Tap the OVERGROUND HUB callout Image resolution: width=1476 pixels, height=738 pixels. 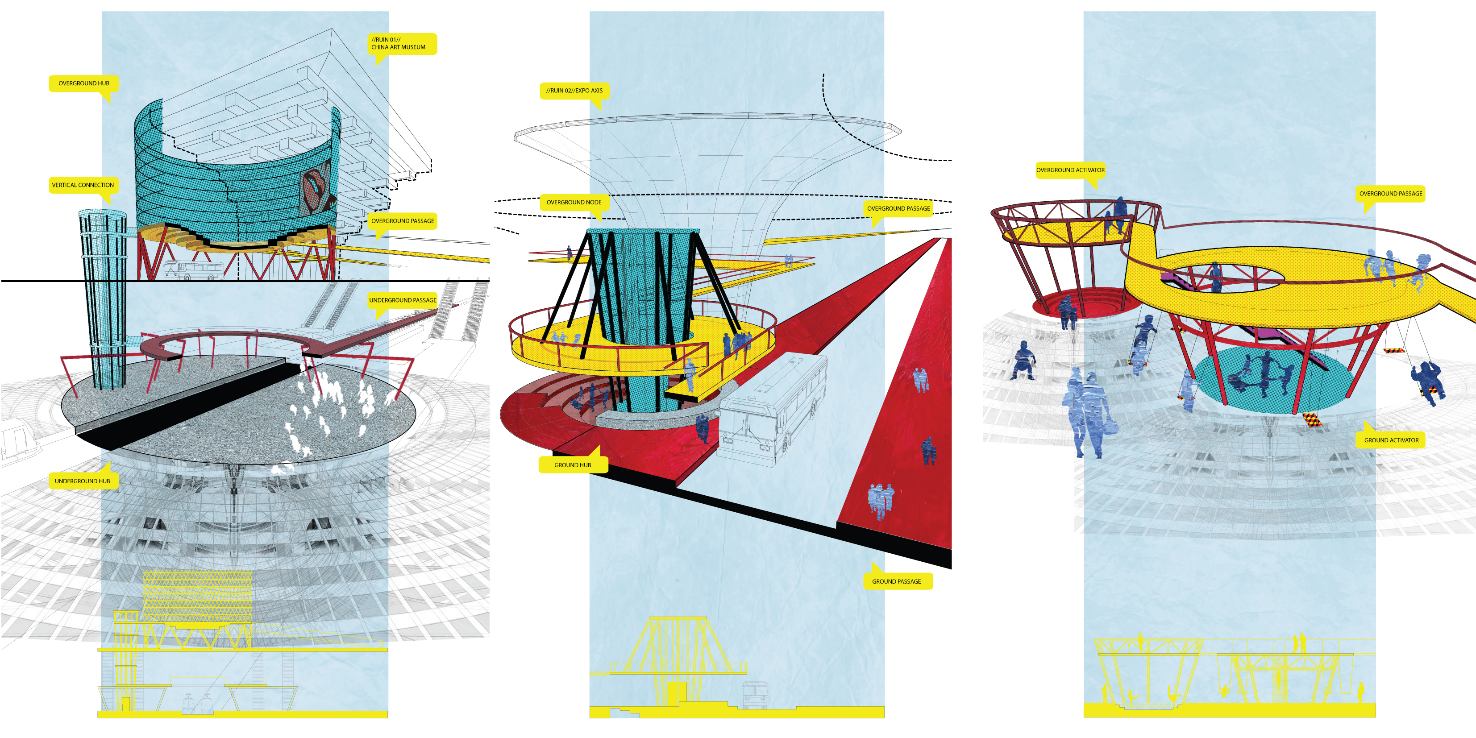click(x=83, y=83)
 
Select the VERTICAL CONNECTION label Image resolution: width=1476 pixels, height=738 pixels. click(x=83, y=185)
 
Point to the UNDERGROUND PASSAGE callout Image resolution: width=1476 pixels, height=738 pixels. click(x=402, y=300)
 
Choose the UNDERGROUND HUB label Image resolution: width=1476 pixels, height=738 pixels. click(x=83, y=481)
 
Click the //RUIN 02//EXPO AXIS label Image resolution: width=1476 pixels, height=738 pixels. click(x=574, y=91)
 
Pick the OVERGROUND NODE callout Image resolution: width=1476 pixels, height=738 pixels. click(x=574, y=202)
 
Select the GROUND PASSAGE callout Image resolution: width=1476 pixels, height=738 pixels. click(x=896, y=581)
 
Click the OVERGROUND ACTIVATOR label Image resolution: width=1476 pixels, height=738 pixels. click(x=1070, y=170)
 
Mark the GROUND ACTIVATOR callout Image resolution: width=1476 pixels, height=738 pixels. click(x=1391, y=440)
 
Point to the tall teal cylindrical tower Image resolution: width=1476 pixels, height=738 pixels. click(x=103, y=298)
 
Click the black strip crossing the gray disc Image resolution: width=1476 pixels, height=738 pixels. click(x=189, y=401)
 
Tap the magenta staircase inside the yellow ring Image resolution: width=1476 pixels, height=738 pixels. click(x=1181, y=281)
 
